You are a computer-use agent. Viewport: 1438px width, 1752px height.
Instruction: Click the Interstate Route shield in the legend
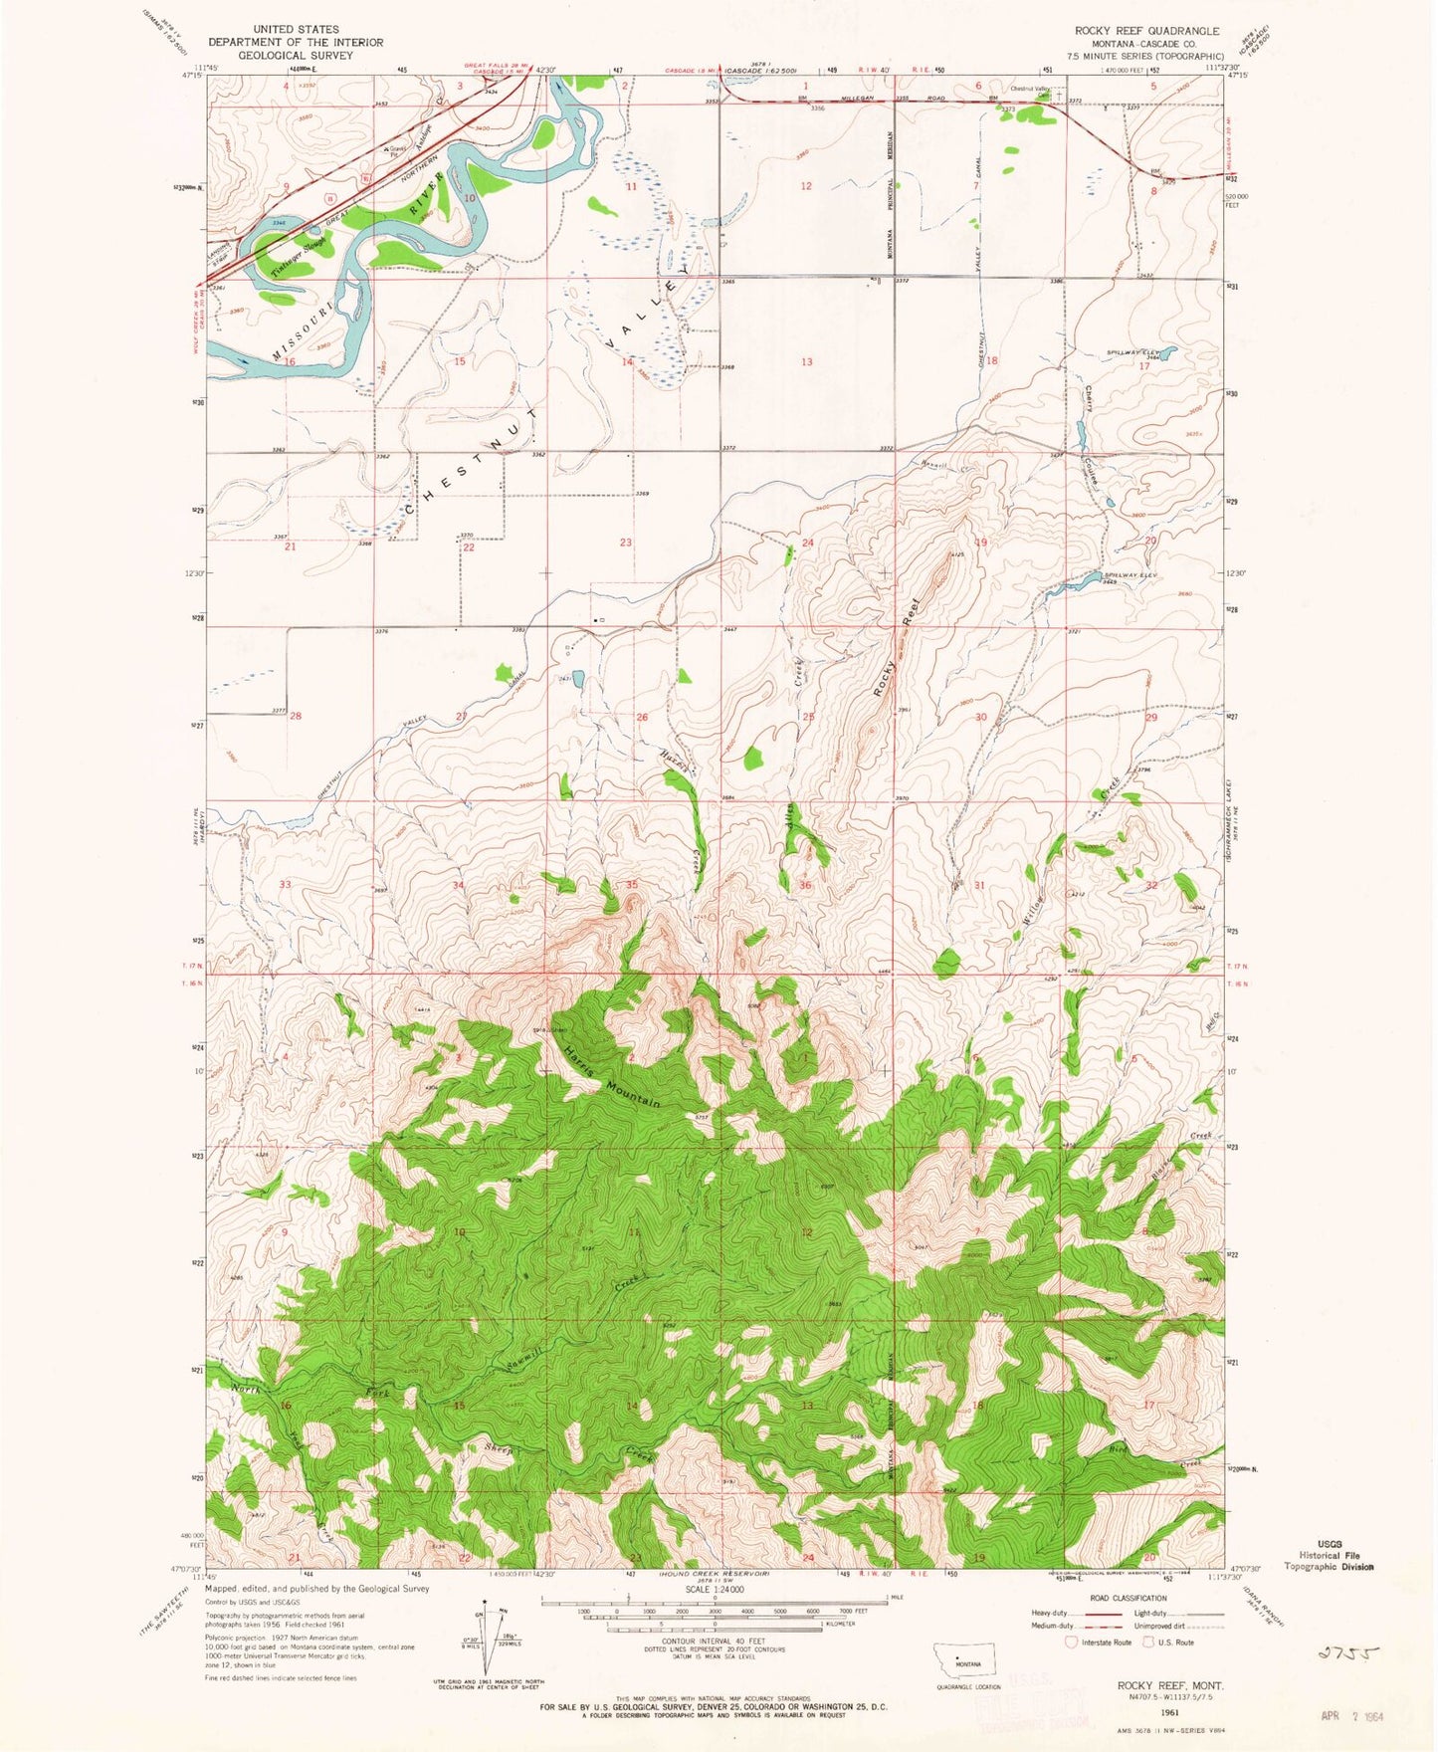click(1071, 1642)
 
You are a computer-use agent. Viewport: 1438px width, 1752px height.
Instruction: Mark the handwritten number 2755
click(1347, 1653)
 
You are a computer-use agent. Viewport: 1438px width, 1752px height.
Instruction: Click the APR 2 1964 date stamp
click(1351, 1716)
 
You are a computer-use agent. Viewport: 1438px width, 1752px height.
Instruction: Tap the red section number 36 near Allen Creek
click(804, 885)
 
